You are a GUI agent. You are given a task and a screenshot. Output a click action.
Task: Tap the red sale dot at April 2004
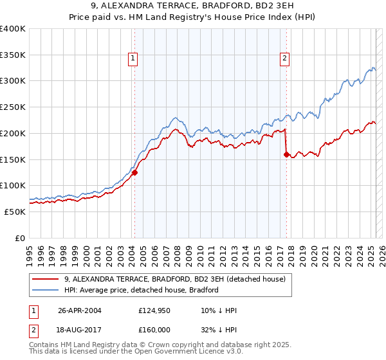click(x=135, y=172)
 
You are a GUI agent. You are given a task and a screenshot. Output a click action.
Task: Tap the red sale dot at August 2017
click(x=287, y=154)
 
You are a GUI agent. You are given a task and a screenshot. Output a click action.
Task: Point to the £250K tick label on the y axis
click(x=13, y=107)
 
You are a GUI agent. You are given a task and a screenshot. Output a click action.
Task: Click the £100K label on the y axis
click(x=13, y=185)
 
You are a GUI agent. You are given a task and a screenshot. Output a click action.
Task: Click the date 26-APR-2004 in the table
click(x=80, y=310)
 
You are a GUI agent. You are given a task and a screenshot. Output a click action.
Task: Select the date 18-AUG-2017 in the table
click(x=80, y=329)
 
